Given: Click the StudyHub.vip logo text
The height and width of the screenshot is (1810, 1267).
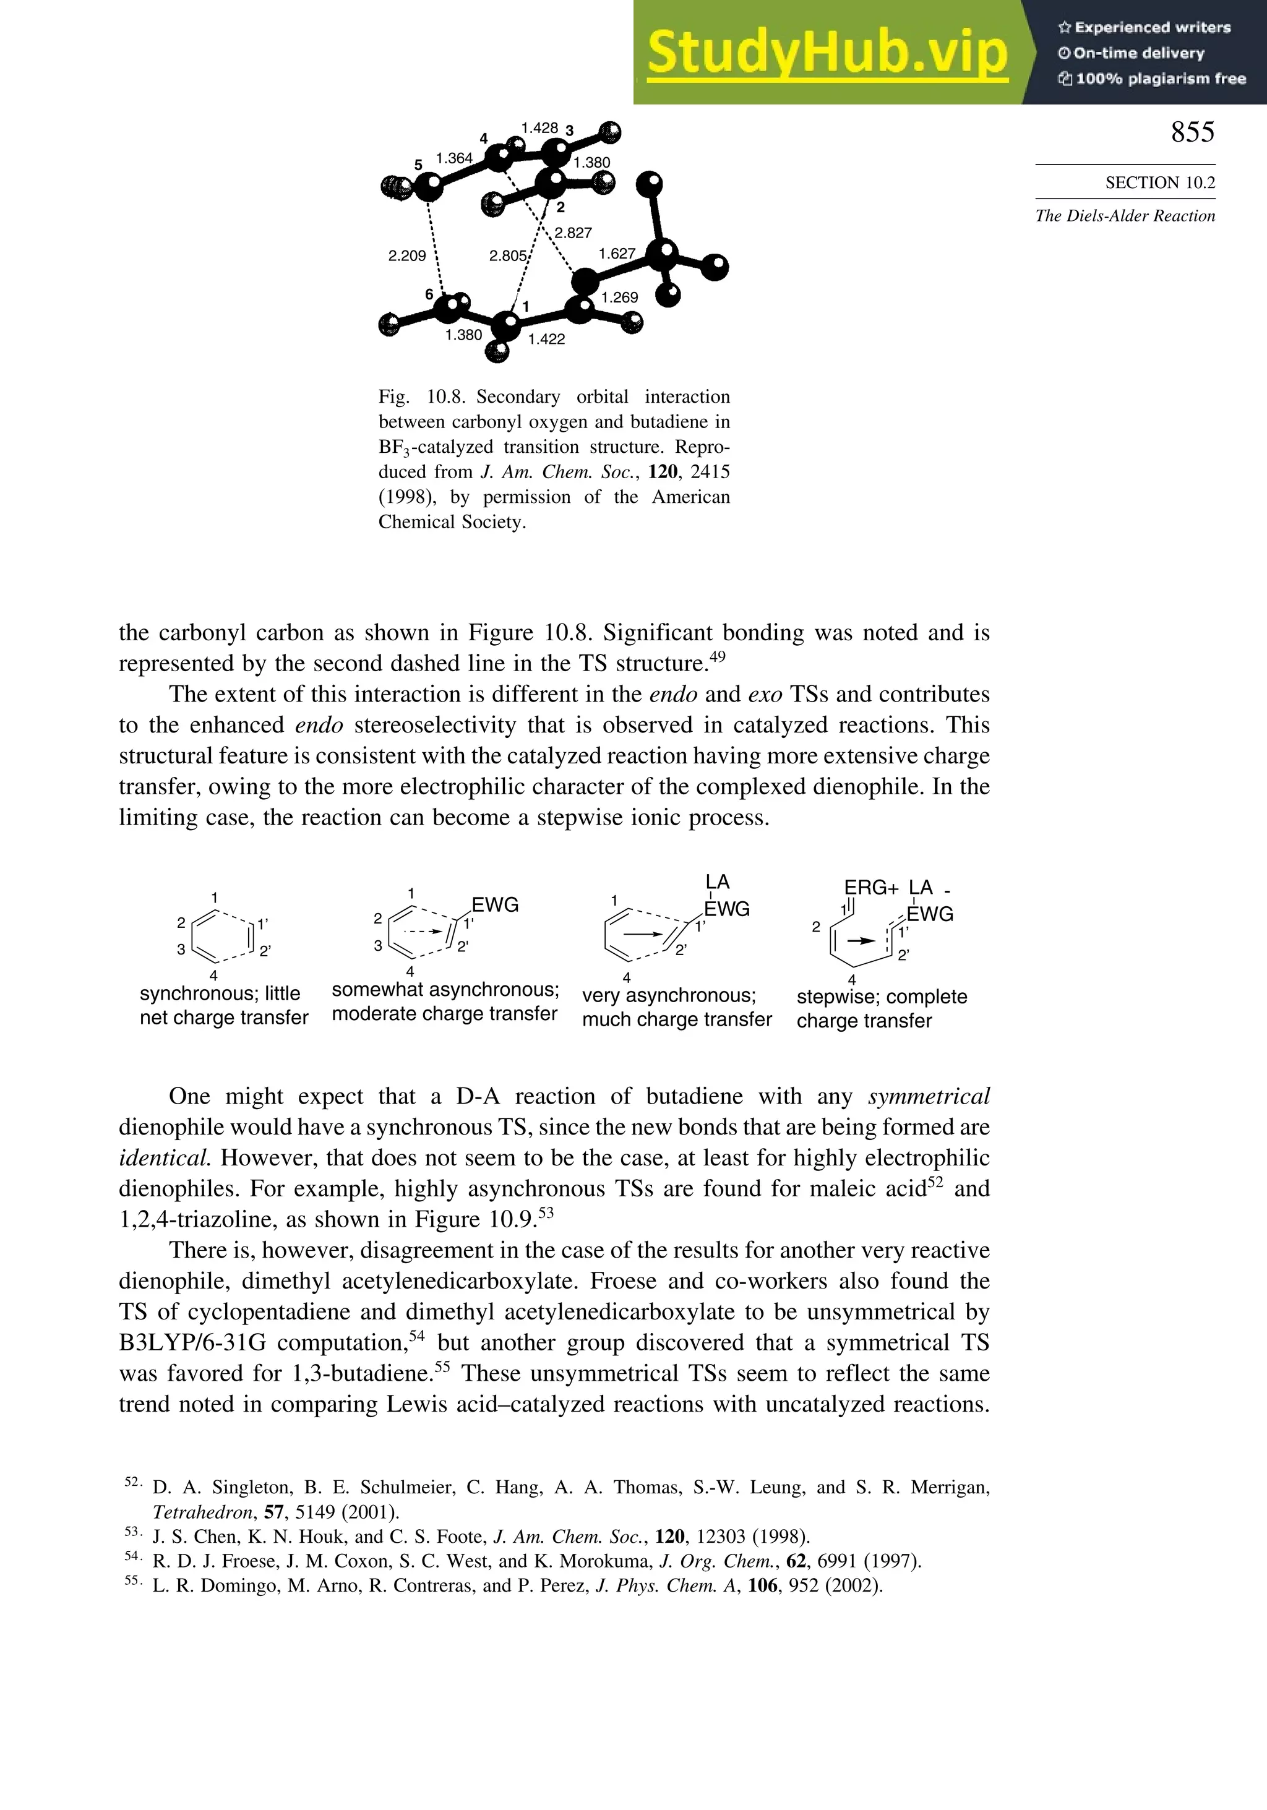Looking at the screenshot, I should (827, 52).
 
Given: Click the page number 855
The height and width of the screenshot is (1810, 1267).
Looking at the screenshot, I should (1192, 132).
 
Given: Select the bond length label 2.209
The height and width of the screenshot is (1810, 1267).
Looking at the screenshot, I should (407, 255).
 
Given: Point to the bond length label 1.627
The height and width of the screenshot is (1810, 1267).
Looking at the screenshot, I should (617, 253).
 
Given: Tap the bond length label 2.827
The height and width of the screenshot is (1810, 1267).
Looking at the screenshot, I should (573, 233).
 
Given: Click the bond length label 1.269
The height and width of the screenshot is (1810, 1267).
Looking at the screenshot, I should (620, 297).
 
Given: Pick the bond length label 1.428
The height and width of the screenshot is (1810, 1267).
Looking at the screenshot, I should (539, 127).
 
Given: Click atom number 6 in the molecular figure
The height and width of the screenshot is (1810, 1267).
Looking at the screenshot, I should (429, 294).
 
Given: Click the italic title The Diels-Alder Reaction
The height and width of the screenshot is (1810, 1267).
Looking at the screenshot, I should (1125, 216).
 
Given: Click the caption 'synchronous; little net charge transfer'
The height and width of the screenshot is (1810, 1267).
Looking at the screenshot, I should (224, 1005).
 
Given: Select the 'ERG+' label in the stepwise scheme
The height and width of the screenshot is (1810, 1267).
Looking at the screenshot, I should (871, 888).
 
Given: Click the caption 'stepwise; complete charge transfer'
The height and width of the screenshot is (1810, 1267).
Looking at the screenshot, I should (882, 1008).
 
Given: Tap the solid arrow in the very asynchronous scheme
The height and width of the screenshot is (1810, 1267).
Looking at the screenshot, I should (644, 933).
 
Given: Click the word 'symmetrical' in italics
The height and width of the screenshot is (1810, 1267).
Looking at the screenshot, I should (928, 1097).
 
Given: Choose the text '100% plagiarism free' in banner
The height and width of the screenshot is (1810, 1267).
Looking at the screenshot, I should (1151, 78).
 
